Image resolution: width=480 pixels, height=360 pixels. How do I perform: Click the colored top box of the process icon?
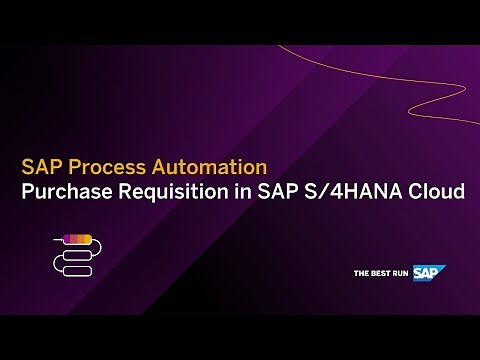point(77,239)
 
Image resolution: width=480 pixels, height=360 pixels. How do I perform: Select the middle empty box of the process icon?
point(77,255)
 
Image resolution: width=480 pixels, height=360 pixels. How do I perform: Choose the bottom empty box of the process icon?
point(77,270)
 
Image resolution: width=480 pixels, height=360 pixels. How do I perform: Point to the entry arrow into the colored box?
point(56,239)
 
